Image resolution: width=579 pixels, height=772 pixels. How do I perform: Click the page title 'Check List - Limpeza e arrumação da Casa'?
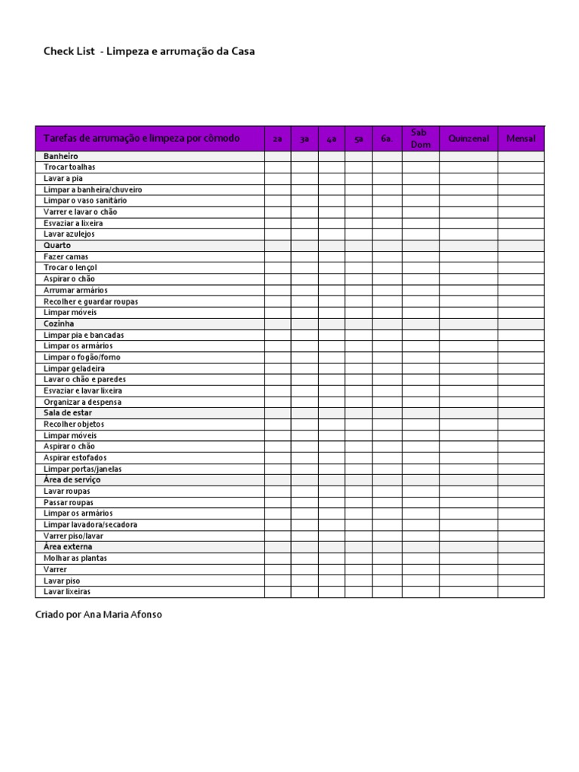click(149, 51)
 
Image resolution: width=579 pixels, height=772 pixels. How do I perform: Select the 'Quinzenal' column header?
click(468, 139)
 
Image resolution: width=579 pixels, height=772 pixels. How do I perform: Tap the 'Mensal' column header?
click(520, 139)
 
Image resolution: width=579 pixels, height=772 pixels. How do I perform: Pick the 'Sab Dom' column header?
click(421, 139)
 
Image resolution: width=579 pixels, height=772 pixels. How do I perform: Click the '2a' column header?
click(277, 139)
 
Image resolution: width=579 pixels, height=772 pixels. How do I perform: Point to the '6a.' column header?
click(387, 139)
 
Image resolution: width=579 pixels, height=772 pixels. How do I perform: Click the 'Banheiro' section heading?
click(61, 156)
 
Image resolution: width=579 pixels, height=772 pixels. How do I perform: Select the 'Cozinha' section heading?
click(59, 323)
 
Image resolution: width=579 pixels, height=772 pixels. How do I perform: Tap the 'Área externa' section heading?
click(68, 547)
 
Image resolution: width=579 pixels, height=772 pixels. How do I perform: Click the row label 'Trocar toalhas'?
click(70, 167)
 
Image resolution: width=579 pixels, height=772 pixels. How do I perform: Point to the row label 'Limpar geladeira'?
click(74, 369)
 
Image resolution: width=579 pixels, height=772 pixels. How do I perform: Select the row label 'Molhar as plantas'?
click(75, 558)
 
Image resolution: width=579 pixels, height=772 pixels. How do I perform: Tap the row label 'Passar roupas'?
click(69, 502)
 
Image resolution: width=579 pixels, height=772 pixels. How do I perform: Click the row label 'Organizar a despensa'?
click(82, 402)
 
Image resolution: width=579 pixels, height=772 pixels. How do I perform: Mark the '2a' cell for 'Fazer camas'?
click(277, 257)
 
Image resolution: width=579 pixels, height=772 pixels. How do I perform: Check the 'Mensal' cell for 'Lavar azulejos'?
click(520, 234)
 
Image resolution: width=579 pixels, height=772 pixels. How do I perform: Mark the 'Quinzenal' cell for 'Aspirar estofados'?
click(468, 458)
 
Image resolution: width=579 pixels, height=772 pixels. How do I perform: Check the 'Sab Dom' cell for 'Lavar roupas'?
click(421, 492)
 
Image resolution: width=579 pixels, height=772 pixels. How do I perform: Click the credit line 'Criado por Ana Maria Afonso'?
click(99, 614)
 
